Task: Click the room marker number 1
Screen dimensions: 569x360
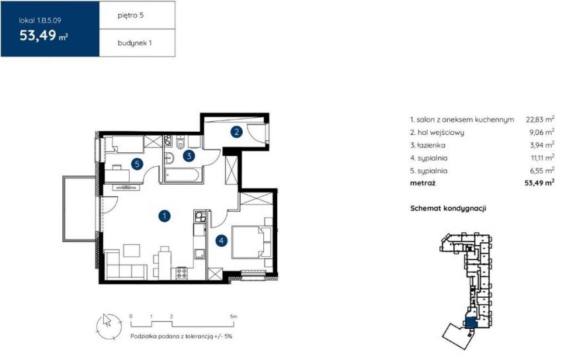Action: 165,216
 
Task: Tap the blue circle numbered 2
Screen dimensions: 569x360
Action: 237,132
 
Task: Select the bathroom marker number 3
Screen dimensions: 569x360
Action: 189,156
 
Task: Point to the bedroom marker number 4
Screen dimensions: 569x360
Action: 221,240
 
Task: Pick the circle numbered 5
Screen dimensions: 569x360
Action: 137,164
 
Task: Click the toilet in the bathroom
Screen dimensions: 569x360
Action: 181,144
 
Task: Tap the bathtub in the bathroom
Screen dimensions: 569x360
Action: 181,175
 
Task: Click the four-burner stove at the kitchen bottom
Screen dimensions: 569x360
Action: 182,273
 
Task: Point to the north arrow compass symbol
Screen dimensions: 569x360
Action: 109,325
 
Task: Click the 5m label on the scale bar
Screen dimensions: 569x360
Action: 234,316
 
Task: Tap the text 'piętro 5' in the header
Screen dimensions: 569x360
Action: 130,15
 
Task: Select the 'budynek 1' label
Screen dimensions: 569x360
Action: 134,43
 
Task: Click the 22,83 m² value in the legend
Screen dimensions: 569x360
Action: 540,119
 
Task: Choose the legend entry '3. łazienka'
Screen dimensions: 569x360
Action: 428,145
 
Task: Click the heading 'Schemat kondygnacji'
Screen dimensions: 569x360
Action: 448,208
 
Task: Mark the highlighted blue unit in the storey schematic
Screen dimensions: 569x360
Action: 470,322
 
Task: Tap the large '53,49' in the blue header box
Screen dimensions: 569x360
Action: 38,36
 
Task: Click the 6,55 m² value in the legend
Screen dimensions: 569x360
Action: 542,171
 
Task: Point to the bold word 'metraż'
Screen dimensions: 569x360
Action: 423,183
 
